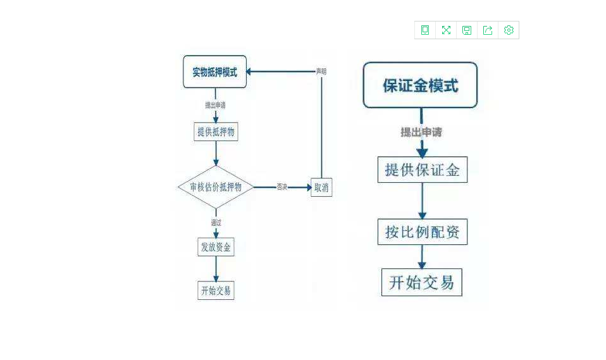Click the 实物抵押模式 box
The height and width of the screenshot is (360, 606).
pyautogui.click(x=214, y=72)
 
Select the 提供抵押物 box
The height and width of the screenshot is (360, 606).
pyautogui.click(x=216, y=132)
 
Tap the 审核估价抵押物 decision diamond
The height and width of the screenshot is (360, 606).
pyautogui.click(x=216, y=187)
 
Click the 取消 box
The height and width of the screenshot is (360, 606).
pyautogui.click(x=321, y=187)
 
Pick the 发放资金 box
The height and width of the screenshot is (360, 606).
pyautogui.click(x=216, y=247)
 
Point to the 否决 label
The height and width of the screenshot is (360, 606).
pyautogui.click(x=282, y=187)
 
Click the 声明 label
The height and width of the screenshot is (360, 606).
pyautogui.click(x=321, y=71)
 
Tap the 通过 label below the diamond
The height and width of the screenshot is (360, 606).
pyautogui.click(x=216, y=223)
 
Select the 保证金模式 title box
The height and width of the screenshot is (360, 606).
pyautogui.click(x=420, y=85)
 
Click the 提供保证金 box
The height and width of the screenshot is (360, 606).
pyautogui.click(x=423, y=170)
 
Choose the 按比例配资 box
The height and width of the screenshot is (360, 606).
pyautogui.click(x=423, y=232)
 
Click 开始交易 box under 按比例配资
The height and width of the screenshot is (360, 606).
pyautogui.click(x=422, y=282)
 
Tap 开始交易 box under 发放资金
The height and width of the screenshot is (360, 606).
pyautogui.click(x=216, y=290)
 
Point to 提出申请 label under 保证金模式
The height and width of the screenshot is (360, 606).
pyautogui.click(x=421, y=132)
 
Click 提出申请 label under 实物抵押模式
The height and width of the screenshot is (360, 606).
pyautogui.click(x=216, y=104)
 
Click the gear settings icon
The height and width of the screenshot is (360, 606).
pyautogui.click(x=509, y=30)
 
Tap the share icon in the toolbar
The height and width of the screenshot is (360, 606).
pyautogui.click(x=488, y=30)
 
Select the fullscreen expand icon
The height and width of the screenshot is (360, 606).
pyautogui.click(x=446, y=30)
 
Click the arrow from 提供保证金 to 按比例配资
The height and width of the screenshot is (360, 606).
pyautogui.click(x=422, y=201)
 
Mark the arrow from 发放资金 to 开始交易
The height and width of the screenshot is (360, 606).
pyautogui.click(x=216, y=268)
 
